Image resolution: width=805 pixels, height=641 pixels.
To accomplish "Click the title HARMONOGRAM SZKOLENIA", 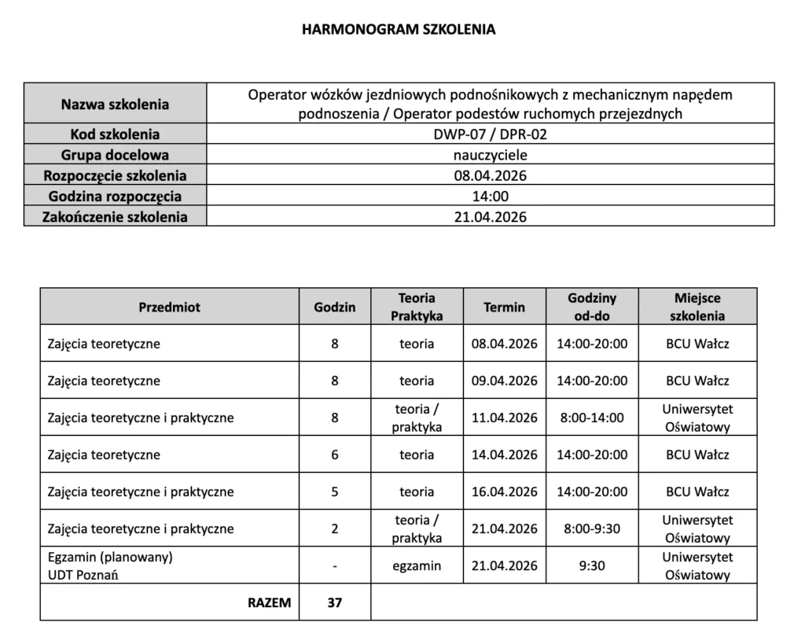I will coord(399,30).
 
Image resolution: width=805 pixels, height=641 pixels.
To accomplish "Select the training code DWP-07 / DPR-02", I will coord(490,134).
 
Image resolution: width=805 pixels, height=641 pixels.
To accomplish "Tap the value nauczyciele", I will coord(490,155).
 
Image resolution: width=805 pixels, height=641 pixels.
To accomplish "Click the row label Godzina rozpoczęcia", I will coord(115,196).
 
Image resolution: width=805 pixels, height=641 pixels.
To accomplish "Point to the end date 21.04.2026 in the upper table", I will coord(490,217).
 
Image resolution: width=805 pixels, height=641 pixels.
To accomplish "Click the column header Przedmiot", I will coord(169,308).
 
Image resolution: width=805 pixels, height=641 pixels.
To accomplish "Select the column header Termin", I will coord(504,308).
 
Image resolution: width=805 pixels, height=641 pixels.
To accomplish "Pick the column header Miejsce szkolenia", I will coord(697,308).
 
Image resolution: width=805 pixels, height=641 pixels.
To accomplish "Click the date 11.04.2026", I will coord(504,418).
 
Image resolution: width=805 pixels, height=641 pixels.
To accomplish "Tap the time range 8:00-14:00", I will coord(592,418).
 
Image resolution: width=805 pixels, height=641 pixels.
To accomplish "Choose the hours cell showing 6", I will coord(335,455).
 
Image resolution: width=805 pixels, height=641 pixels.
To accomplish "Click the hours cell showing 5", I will coord(335,492).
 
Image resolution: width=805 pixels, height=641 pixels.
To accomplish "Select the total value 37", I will coord(335,603).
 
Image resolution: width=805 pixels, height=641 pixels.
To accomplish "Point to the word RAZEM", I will coord(269,603).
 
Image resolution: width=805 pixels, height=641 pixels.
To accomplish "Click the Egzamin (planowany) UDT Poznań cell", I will coord(110,566).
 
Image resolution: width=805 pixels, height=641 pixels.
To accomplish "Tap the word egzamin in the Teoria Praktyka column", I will coord(417,566).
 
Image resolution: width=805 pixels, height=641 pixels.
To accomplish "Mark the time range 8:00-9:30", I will coord(592,529).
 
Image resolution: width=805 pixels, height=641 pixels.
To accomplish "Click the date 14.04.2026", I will coord(504,455).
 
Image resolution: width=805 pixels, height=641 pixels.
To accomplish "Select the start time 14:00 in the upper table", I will coord(490,196).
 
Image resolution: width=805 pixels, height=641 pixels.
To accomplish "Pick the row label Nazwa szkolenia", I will coord(115,104).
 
